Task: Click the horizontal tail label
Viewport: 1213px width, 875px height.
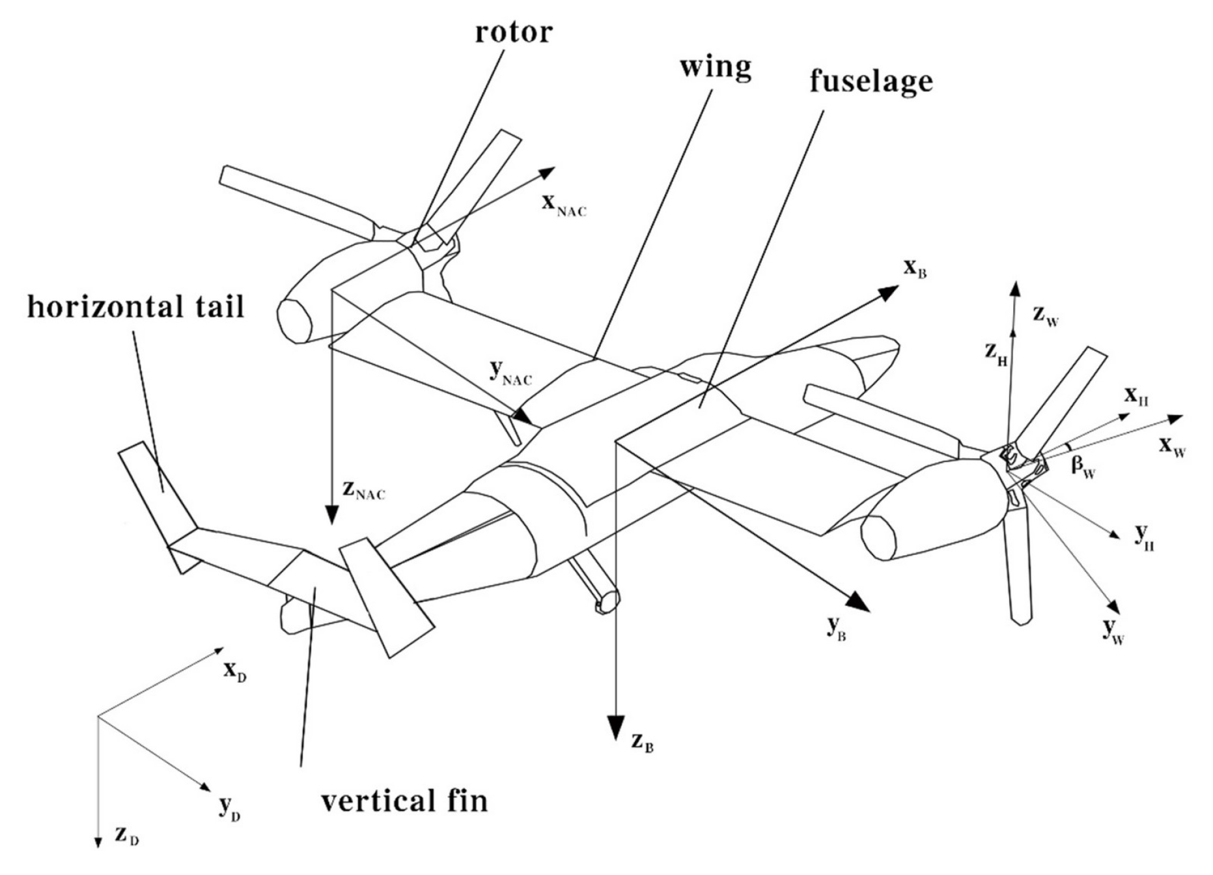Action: point(135,306)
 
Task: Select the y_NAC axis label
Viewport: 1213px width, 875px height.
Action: point(510,373)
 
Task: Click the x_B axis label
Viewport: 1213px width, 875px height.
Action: point(914,268)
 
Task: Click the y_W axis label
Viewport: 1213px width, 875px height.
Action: point(1114,631)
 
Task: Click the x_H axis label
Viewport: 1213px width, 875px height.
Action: point(1136,396)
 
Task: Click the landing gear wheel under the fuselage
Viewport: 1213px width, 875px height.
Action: point(607,601)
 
